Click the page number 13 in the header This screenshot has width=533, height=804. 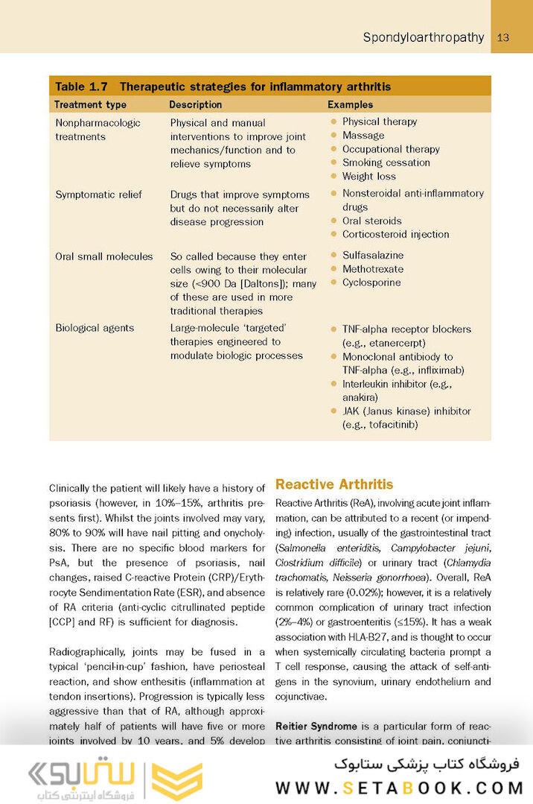pyautogui.click(x=503, y=37)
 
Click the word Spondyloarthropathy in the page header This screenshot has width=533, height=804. pyautogui.click(x=424, y=37)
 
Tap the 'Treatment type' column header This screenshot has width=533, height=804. pyautogui.click(x=91, y=105)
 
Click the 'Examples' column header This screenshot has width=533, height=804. pyautogui.click(x=350, y=105)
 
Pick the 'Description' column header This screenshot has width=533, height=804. pyautogui.click(x=195, y=105)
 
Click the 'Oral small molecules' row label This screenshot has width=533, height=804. pyautogui.click(x=103, y=256)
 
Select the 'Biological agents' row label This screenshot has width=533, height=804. pyautogui.click(x=95, y=328)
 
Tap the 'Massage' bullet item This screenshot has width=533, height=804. pyautogui.click(x=363, y=136)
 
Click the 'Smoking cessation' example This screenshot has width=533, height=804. pyautogui.click(x=386, y=162)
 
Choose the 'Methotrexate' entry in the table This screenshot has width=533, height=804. pyautogui.click(x=372, y=269)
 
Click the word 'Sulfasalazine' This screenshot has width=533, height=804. pyautogui.click(x=372, y=255)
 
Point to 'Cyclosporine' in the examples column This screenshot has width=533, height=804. pyautogui.click(x=371, y=282)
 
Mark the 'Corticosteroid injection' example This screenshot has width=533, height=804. pyautogui.click(x=395, y=234)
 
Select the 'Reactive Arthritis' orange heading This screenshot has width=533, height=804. pyautogui.click(x=334, y=484)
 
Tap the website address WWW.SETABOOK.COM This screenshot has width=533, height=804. pyautogui.click(x=400, y=787)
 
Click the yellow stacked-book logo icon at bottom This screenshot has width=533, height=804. pyautogui.click(x=177, y=781)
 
